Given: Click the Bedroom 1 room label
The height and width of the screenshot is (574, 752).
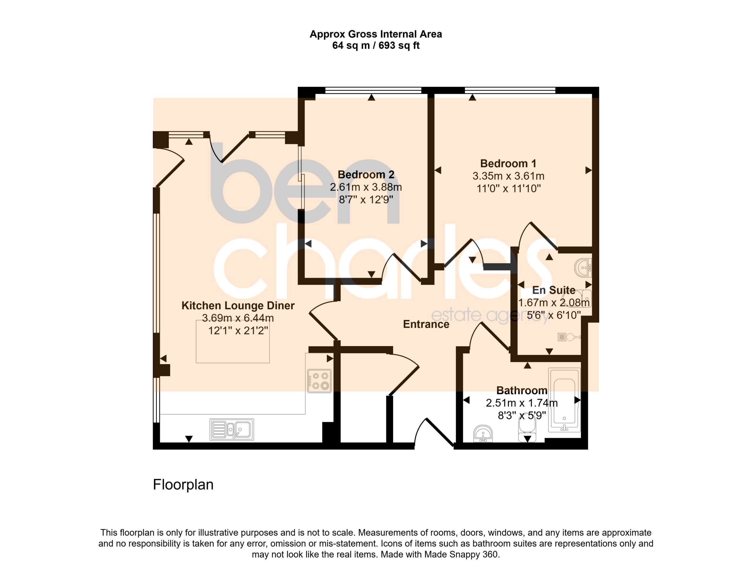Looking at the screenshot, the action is click(508, 164).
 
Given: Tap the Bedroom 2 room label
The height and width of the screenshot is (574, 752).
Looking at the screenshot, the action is click(366, 175).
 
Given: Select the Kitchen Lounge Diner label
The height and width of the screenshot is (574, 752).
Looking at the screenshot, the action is click(238, 305).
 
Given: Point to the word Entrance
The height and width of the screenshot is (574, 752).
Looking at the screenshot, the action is click(426, 324).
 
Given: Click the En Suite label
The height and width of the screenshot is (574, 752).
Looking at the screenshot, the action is click(554, 290).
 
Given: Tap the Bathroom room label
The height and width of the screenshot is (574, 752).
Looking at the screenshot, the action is click(522, 390).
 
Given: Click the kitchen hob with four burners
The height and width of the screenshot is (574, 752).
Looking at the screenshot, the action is click(319, 381).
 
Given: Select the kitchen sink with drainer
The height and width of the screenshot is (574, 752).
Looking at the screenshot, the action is click(232, 430).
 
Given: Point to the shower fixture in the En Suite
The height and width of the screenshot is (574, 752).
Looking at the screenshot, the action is click(569, 337).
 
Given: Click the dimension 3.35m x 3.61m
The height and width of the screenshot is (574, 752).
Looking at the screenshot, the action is click(508, 176).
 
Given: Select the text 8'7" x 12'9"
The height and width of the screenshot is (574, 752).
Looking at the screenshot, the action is click(366, 200).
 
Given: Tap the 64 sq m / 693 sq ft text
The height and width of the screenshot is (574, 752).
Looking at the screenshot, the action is click(376, 46).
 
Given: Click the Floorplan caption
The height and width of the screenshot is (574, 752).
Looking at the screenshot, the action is click(183, 485).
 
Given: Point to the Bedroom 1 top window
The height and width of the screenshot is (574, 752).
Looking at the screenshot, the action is click(510, 90).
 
